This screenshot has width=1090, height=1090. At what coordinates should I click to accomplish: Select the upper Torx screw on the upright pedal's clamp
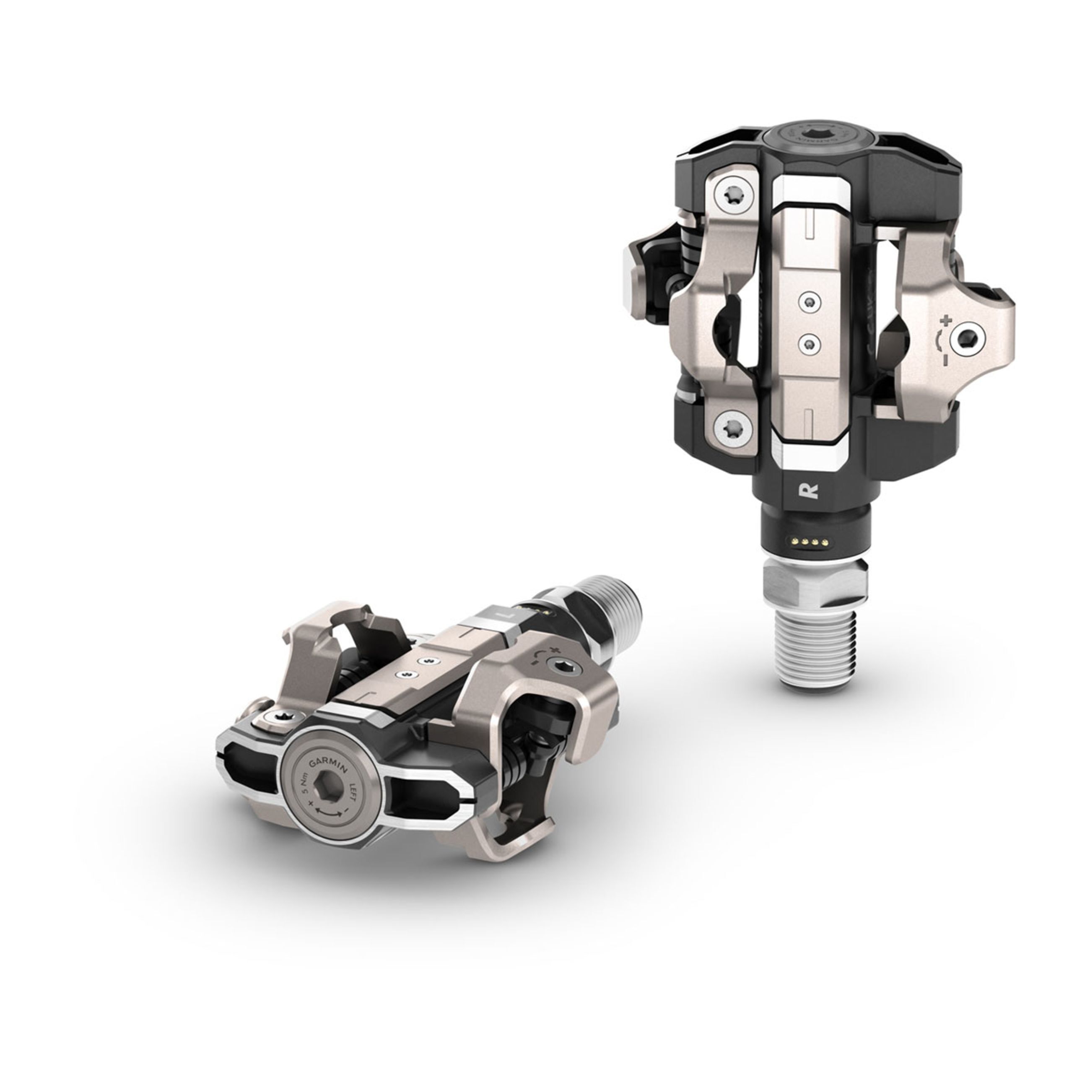tap(729, 210)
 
